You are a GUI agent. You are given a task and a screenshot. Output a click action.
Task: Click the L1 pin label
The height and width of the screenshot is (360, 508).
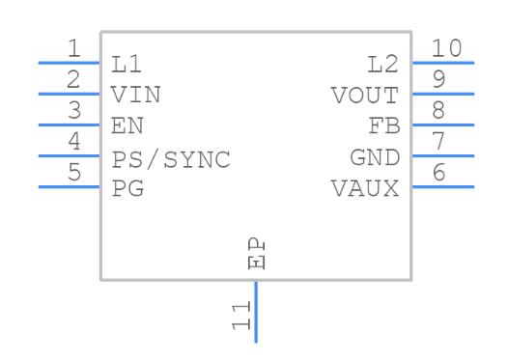126,65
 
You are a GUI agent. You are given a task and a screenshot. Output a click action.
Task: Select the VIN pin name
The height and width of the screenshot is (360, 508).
135,96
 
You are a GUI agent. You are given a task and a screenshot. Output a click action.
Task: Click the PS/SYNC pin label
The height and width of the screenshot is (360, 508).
171,158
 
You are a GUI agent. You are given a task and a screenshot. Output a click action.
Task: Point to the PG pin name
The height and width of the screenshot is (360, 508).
127,189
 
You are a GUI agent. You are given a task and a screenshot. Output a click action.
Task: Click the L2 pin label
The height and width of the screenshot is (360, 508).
383,65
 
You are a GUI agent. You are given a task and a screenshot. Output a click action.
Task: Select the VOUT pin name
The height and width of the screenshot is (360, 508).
364,96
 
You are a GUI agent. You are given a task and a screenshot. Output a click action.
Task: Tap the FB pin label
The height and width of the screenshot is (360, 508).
383,126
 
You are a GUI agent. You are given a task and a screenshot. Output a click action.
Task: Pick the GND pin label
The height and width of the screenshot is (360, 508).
374,158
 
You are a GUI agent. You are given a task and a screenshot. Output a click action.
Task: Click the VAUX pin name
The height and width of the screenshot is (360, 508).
364,189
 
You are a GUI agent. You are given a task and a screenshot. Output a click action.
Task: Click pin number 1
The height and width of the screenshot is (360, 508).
74,49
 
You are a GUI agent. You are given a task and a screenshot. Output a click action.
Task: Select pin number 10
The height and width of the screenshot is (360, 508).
447,48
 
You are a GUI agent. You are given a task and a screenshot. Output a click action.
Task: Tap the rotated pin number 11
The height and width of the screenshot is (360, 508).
241,316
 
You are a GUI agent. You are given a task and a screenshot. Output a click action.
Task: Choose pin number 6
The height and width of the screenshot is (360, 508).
438,173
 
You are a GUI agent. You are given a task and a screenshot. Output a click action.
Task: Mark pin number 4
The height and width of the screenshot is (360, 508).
74,142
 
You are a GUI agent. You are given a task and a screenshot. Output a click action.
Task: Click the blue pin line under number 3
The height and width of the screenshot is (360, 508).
69,125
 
